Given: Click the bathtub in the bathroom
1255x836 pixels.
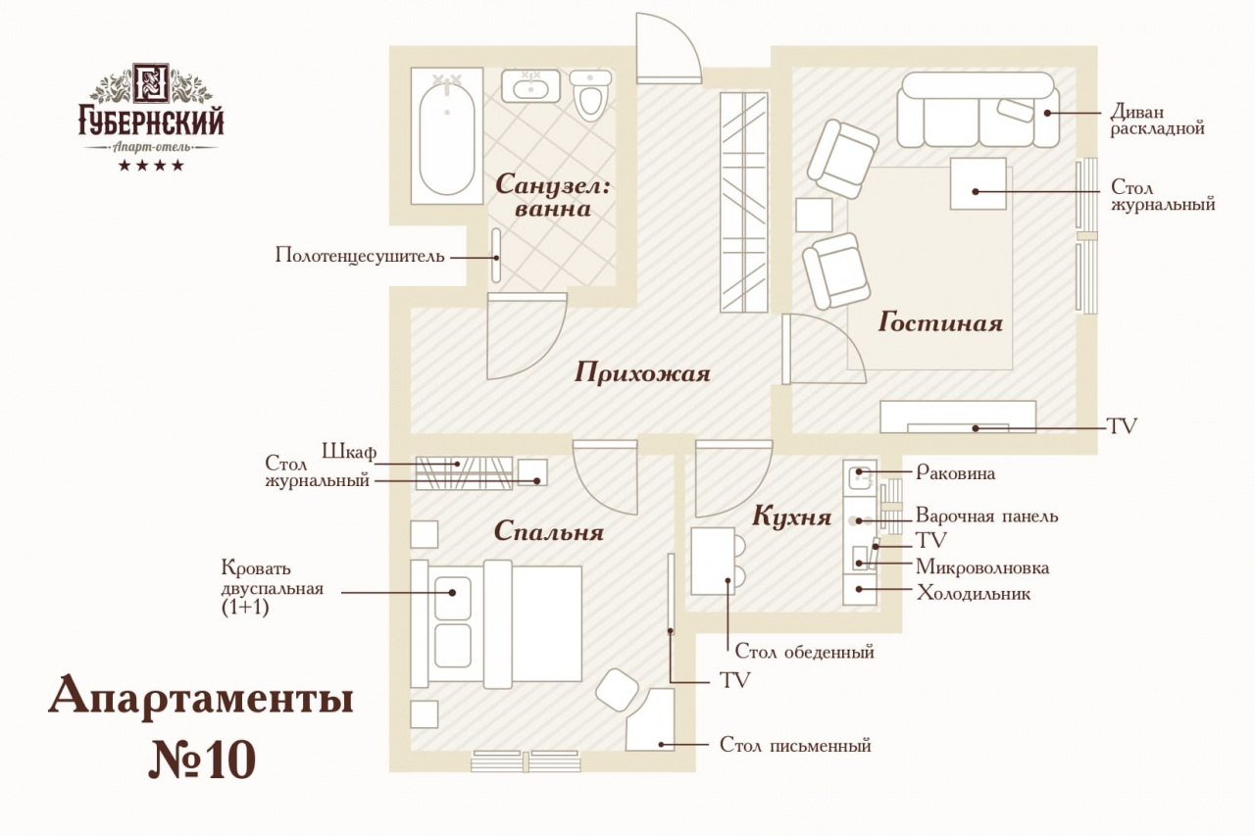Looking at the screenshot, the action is (x=446, y=135).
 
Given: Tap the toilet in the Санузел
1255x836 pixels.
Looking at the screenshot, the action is (x=590, y=96).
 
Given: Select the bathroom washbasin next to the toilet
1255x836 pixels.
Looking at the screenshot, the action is (x=530, y=85).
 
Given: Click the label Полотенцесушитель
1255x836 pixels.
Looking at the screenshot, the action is (x=360, y=256).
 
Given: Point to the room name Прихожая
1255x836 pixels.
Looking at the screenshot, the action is (x=642, y=372).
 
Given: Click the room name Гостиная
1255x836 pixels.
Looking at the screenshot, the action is (x=940, y=322).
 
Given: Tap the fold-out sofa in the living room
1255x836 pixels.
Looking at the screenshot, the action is (x=979, y=110).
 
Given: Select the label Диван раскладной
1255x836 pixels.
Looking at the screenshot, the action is (x=1158, y=120).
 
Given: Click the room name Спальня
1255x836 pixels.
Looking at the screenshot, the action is (x=548, y=531).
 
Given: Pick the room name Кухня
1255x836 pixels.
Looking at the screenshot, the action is (x=791, y=516).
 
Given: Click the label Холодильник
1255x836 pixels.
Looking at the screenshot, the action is (x=974, y=593).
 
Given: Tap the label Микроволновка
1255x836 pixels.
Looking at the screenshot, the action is (x=982, y=567).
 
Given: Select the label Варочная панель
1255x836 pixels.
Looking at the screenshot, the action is (x=986, y=516).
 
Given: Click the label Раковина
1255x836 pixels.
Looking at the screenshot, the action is (x=955, y=472).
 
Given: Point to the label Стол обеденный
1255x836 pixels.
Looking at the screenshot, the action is (x=804, y=652).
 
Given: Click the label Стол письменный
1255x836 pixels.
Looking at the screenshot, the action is (x=795, y=745).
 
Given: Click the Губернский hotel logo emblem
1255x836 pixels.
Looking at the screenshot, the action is (x=151, y=83).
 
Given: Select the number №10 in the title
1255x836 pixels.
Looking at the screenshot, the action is (x=202, y=761).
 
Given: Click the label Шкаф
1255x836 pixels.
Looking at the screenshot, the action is (x=349, y=451).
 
